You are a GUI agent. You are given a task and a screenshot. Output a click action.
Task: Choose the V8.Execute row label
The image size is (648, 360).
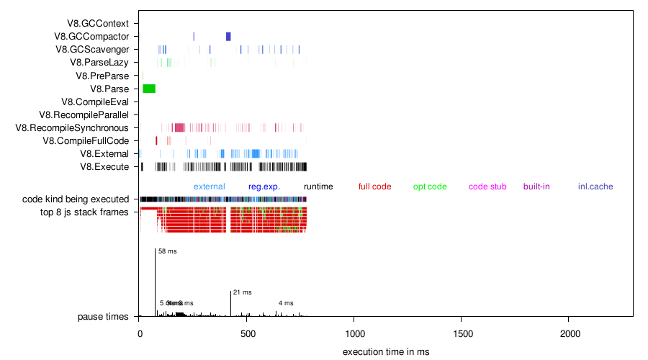104,167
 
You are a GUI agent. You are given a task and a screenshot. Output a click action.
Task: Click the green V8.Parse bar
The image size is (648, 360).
149,89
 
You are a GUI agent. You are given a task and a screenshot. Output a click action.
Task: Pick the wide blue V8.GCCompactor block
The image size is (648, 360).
228,37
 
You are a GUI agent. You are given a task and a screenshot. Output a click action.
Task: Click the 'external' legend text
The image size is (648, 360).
209,186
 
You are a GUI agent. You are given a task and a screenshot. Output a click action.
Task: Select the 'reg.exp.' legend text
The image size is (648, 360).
264,186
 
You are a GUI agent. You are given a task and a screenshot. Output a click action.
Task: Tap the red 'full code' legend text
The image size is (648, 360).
374,186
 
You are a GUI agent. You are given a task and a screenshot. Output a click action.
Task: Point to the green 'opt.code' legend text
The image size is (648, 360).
430,186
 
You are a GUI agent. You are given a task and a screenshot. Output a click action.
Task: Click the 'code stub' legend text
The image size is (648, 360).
487,186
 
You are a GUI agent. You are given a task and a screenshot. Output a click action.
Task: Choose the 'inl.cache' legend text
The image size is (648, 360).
595,186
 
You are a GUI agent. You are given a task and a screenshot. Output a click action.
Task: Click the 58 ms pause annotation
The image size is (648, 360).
167,251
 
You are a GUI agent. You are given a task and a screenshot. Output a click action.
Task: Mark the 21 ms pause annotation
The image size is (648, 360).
243,292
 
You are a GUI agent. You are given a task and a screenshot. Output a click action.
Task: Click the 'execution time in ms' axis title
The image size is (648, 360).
386,351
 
